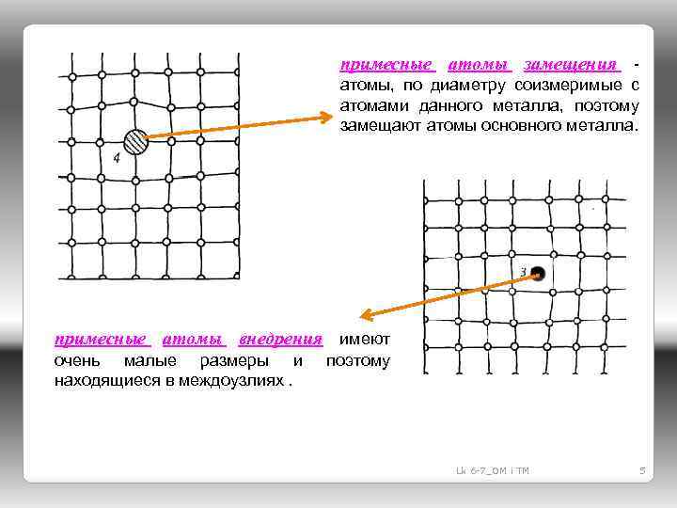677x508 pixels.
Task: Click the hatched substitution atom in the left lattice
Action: coord(136,141)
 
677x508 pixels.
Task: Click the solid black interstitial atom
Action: coord(538,274)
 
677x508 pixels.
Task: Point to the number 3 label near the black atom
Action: coord(523,272)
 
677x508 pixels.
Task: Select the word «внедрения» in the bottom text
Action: coord(280,340)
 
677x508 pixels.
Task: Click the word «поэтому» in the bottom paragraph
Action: coord(356,360)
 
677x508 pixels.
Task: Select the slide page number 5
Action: coord(641,469)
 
